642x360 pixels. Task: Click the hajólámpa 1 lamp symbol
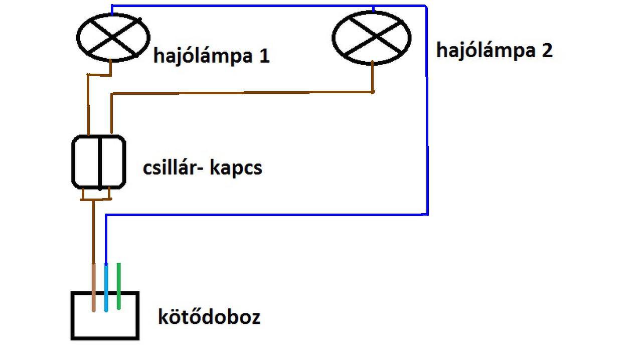(x=113, y=38)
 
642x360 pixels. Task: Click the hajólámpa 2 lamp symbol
(x=372, y=38)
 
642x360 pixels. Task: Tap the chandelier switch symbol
(x=99, y=162)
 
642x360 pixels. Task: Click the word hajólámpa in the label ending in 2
(x=481, y=51)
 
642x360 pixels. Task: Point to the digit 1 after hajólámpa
(x=264, y=56)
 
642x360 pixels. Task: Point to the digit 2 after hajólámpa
(x=546, y=51)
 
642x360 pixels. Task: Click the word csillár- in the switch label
(x=171, y=167)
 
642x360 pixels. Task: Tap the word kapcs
(x=236, y=168)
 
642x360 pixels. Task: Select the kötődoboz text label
(x=209, y=317)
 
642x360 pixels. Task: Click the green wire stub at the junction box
(x=118, y=286)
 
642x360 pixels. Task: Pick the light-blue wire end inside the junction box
(x=106, y=288)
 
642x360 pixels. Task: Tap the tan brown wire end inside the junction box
(x=94, y=288)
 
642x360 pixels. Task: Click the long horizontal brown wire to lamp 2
(x=241, y=93)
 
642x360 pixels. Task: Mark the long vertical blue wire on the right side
(x=427, y=125)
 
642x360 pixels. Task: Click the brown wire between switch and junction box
(x=94, y=231)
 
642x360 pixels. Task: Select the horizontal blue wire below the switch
(x=266, y=215)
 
